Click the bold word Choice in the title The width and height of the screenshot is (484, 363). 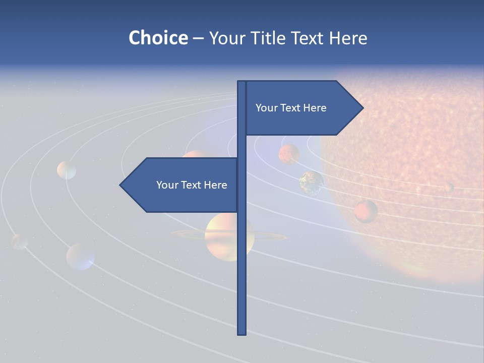point(158,38)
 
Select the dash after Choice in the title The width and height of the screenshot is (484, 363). point(198,38)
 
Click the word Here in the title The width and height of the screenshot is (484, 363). point(348,38)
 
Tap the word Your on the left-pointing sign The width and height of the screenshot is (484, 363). point(166,185)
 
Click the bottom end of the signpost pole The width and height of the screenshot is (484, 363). point(242,333)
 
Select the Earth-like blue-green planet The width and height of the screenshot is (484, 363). point(312,183)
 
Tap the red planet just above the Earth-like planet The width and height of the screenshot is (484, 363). point(289,154)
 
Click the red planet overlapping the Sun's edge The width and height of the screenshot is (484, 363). point(366,211)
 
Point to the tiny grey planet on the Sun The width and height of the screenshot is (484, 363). point(449,188)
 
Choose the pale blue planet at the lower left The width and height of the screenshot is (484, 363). point(81,257)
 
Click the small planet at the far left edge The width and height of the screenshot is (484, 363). point(20,241)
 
